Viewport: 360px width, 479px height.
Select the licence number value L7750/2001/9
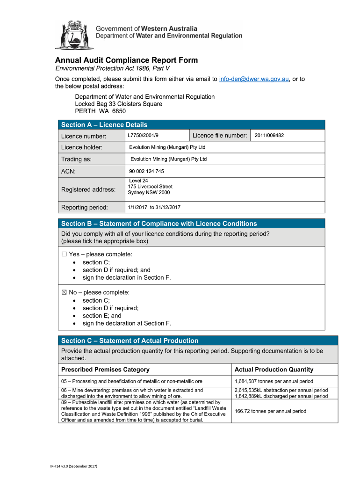(143, 136)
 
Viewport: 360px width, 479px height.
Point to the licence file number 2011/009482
(269, 136)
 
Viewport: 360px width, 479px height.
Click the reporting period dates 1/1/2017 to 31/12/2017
(154, 207)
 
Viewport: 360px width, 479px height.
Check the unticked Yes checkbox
(64, 254)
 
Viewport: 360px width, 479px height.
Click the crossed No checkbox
(64, 292)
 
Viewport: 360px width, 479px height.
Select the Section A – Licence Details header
(104, 125)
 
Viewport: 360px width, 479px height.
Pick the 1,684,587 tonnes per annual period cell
(274, 381)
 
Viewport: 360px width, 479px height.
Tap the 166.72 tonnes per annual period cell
(270, 411)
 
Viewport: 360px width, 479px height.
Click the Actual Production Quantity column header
(274, 370)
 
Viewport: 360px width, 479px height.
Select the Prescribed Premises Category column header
(105, 370)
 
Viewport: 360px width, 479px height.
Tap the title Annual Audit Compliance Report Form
(126, 60)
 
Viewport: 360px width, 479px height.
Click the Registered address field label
(88, 189)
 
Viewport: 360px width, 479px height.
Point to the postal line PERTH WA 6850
(100, 111)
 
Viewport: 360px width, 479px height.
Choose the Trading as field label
(76, 160)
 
